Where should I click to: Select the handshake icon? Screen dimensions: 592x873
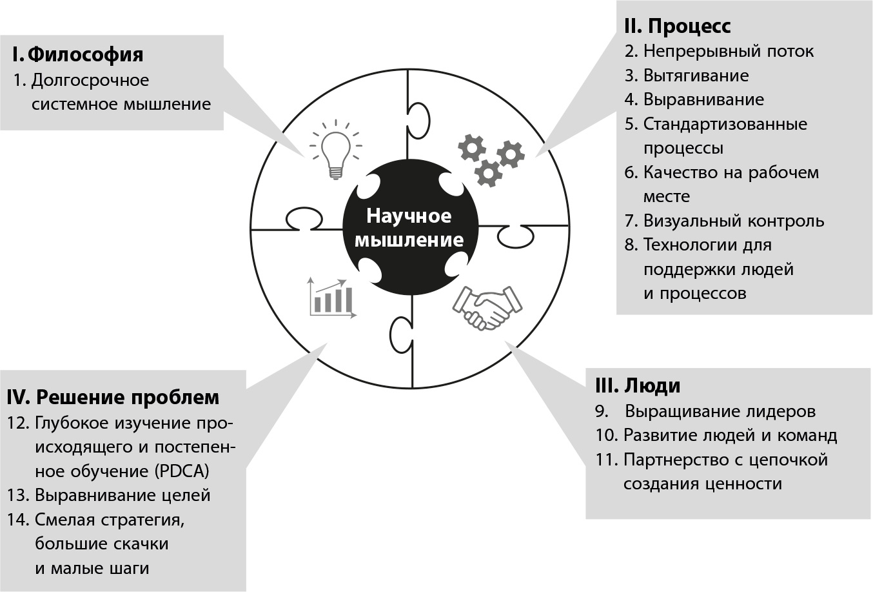pos(487,308)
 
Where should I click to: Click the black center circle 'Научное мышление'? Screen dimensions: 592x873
pos(410,227)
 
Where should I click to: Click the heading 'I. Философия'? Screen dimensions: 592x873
pos(77,54)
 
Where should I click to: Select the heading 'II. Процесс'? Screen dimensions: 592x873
pos(677,26)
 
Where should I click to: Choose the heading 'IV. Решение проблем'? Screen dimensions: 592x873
pos(113,396)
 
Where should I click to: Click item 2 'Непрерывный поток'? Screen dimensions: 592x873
pos(719,51)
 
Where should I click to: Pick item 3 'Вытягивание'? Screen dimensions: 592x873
pos(687,76)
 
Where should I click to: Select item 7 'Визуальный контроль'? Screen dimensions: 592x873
pos(724,221)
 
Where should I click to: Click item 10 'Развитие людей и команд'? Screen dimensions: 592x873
pos(716,435)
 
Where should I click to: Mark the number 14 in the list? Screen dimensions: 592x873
pos(17,520)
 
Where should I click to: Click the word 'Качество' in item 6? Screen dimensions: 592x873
pos(681,172)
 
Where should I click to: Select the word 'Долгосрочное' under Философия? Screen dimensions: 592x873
pos(90,80)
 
